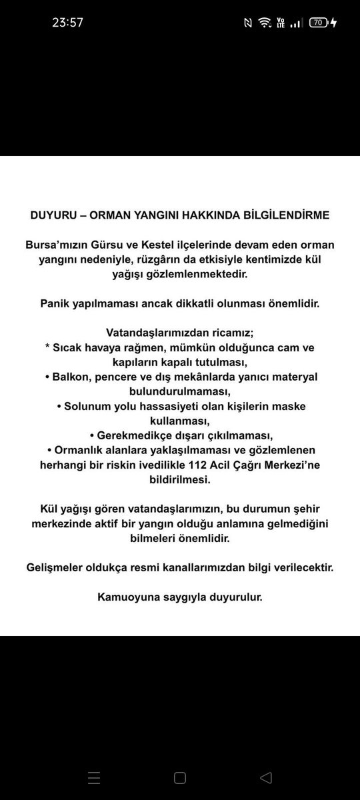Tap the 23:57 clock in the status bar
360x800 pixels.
[67, 22]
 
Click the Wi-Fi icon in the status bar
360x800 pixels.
[265, 22]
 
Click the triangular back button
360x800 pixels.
[265, 777]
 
